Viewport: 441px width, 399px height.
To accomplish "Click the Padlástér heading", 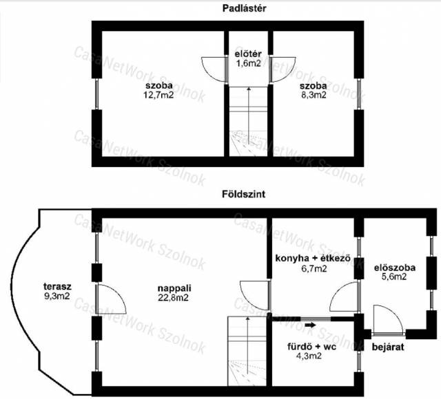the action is click(244, 8).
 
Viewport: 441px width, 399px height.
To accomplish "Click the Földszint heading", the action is click(243, 194).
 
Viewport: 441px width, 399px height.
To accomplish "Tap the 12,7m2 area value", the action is click(158, 95).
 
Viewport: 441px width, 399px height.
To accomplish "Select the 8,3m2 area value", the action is click(314, 95).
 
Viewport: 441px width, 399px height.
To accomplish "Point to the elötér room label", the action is click(248, 54).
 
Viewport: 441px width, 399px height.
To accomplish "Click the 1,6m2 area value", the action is click(248, 63).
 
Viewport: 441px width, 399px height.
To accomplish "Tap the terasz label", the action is click(57, 287).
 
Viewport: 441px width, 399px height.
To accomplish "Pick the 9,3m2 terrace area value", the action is click(57, 296).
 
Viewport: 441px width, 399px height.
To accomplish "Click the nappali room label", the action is click(174, 288).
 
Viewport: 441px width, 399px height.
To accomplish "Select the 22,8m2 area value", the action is click(173, 298).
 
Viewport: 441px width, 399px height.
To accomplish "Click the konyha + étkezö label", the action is click(313, 258).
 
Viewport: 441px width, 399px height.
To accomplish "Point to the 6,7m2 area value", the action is click(314, 269).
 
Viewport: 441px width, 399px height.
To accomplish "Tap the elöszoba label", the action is click(395, 268).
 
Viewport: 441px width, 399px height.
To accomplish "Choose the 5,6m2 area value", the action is click(394, 277).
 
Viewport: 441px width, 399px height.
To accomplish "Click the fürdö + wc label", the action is click(311, 347).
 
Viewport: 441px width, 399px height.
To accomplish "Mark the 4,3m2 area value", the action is click(309, 356).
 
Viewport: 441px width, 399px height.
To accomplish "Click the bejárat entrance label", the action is click(388, 347).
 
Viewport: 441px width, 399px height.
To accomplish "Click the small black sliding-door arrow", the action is click(311, 325).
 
